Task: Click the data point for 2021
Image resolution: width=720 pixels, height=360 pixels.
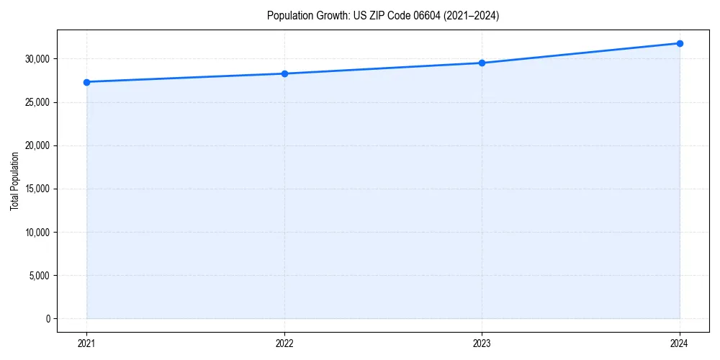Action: click(86, 82)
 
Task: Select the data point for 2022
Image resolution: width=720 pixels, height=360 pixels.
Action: click(284, 73)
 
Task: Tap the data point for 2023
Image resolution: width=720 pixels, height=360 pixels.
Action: click(482, 63)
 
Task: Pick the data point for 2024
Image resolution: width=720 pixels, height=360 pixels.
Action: click(680, 43)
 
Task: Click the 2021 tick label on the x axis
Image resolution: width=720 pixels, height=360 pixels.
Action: click(86, 343)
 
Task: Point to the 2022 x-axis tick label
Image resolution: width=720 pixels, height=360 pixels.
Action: click(284, 343)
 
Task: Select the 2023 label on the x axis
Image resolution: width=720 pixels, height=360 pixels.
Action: click(482, 343)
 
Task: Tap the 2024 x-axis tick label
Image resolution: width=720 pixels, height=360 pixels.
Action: click(680, 343)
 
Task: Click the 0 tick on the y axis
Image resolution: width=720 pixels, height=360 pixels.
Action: click(48, 319)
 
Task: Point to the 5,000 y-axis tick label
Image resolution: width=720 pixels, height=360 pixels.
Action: click(40, 276)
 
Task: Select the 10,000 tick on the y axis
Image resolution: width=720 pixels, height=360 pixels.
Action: click(37, 233)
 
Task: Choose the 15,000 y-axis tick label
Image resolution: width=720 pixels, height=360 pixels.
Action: click(37, 189)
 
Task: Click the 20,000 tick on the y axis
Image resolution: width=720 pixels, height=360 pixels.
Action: click(37, 145)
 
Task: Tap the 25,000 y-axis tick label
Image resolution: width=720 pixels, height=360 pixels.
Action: click(37, 102)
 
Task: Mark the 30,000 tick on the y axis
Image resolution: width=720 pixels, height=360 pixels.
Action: click(37, 59)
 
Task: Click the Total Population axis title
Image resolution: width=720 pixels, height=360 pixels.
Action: click(14, 181)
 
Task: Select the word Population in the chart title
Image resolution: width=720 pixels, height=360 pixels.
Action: click(288, 16)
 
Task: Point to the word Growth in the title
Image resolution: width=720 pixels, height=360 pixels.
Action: click(330, 16)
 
